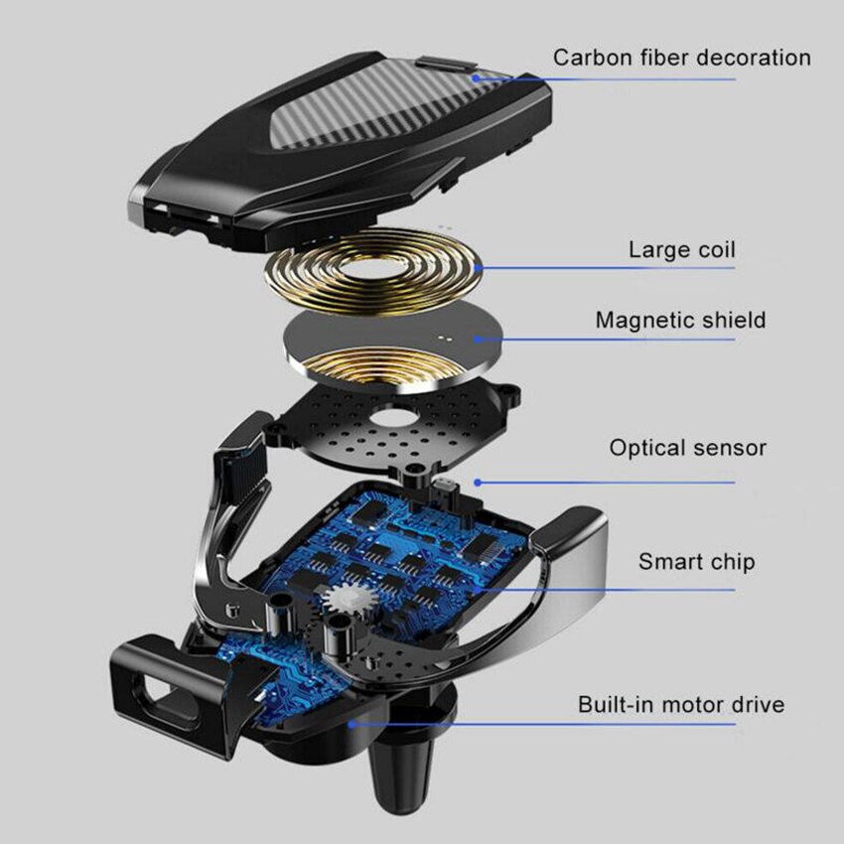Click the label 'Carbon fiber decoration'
tap(682, 58)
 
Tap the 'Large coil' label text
tap(682, 250)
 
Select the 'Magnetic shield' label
tap(680, 321)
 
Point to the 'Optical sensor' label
tap(687, 448)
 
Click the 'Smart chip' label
tap(696, 561)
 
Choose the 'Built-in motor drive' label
tap(681, 705)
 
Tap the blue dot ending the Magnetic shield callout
tap(478, 340)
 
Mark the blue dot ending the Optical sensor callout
tap(478, 483)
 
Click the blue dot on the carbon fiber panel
tap(476, 78)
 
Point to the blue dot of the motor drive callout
tap(352, 724)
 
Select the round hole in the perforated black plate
tap(395, 417)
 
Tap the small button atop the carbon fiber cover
tap(445, 66)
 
